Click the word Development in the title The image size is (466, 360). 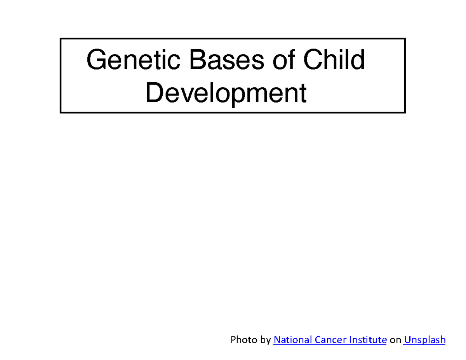point(226,94)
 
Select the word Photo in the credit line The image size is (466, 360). point(244,340)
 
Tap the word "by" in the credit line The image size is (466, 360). point(266,340)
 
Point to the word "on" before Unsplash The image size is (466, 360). point(395,340)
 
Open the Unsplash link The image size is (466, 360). point(425,340)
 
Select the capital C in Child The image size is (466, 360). point(312,60)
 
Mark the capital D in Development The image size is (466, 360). point(154,94)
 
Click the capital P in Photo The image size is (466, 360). point(233,340)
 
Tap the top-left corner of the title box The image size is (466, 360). point(61,38)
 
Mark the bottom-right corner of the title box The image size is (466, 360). point(405,113)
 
